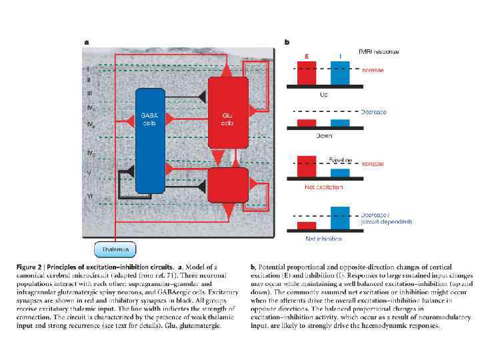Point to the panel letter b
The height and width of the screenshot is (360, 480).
tap(287, 43)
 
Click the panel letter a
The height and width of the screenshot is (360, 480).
tap(86, 43)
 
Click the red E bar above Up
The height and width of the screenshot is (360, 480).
tap(307, 73)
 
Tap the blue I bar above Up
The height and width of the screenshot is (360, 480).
tap(340, 73)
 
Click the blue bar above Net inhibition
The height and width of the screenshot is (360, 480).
tap(340, 219)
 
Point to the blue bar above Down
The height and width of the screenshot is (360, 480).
tap(340, 123)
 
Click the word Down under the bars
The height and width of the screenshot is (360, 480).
tap(323, 135)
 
